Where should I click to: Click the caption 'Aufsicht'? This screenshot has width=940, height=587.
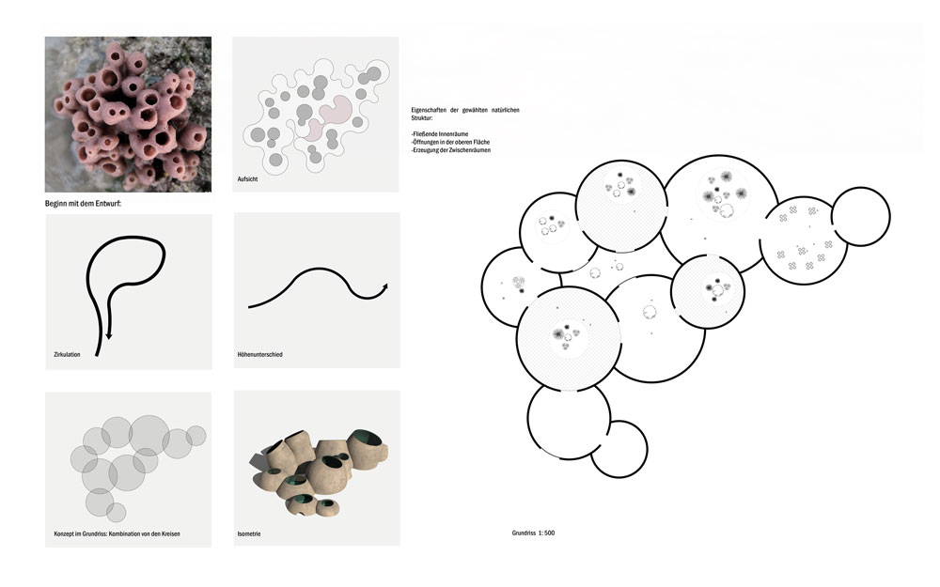click(247, 179)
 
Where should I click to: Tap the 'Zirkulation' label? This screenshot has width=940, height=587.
click(67, 355)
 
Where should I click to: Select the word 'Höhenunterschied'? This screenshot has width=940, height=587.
click(259, 355)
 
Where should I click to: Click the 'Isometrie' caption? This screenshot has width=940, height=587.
click(249, 533)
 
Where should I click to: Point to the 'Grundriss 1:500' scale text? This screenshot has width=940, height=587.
click(533, 533)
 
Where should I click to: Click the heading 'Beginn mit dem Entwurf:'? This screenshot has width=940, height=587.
click(84, 204)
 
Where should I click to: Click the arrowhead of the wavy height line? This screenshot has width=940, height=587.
click(384, 287)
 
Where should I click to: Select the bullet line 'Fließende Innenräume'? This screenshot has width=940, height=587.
click(440, 134)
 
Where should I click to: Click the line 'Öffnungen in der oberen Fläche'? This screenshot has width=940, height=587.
click(450, 143)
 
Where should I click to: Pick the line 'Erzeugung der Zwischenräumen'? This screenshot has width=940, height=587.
click(451, 150)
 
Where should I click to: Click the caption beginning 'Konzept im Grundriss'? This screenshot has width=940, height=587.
click(117, 533)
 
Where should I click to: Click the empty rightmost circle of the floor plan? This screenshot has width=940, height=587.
click(861, 216)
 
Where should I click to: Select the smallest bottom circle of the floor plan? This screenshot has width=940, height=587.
click(619, 449)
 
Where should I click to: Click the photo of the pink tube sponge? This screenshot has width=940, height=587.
click(128, 115)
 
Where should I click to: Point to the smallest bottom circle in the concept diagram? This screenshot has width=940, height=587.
click(117, 512)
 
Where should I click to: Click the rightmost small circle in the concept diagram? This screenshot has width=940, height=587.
click(196, 436)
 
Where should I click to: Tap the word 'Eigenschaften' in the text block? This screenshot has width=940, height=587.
click(429, 110)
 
